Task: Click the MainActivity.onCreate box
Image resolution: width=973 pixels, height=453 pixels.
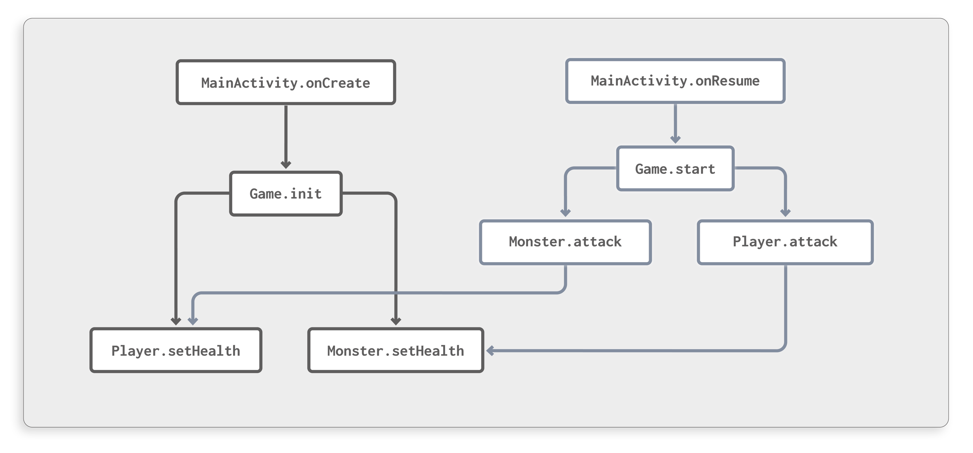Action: [x=285, y=82]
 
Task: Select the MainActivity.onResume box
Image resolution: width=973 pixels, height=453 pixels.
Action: [x=675, y=81]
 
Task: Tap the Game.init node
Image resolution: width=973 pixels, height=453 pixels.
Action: [x=285, y=194]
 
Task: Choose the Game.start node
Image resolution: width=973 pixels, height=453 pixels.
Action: [x=675, y=169]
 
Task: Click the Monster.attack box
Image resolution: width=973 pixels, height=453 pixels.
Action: [x=565, y=242]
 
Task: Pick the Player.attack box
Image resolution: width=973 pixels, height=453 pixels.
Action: [x=785, y=242]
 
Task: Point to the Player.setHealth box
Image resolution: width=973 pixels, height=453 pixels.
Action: [x=176, y=350]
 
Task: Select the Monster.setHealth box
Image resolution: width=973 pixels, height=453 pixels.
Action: [x=395, y=350]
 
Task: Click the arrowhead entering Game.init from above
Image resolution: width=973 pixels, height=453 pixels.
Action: [x=286, y=165]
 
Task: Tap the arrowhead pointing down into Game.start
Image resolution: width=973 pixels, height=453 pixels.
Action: [x=675, y=139]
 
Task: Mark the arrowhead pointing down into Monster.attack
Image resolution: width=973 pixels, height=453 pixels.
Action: [x=566, y=213]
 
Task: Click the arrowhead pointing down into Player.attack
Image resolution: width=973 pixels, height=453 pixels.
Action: [x=785, y=213]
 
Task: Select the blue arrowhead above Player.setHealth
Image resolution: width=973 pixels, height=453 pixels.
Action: [x=193, y=321]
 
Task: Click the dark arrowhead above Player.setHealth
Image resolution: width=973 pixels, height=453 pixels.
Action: [x=176, y=321]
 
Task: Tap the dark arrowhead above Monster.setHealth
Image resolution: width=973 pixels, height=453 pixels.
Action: [x=396, y=321]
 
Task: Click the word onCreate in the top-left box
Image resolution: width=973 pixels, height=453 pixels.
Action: [x=338, y=83]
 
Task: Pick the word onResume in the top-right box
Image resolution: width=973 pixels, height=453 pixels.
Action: [x=727, y=81]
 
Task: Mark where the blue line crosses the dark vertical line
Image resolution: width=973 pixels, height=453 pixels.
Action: [x=396, y=293]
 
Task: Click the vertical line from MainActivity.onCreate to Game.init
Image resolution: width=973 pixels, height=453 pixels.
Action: [x=286, y=134]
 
